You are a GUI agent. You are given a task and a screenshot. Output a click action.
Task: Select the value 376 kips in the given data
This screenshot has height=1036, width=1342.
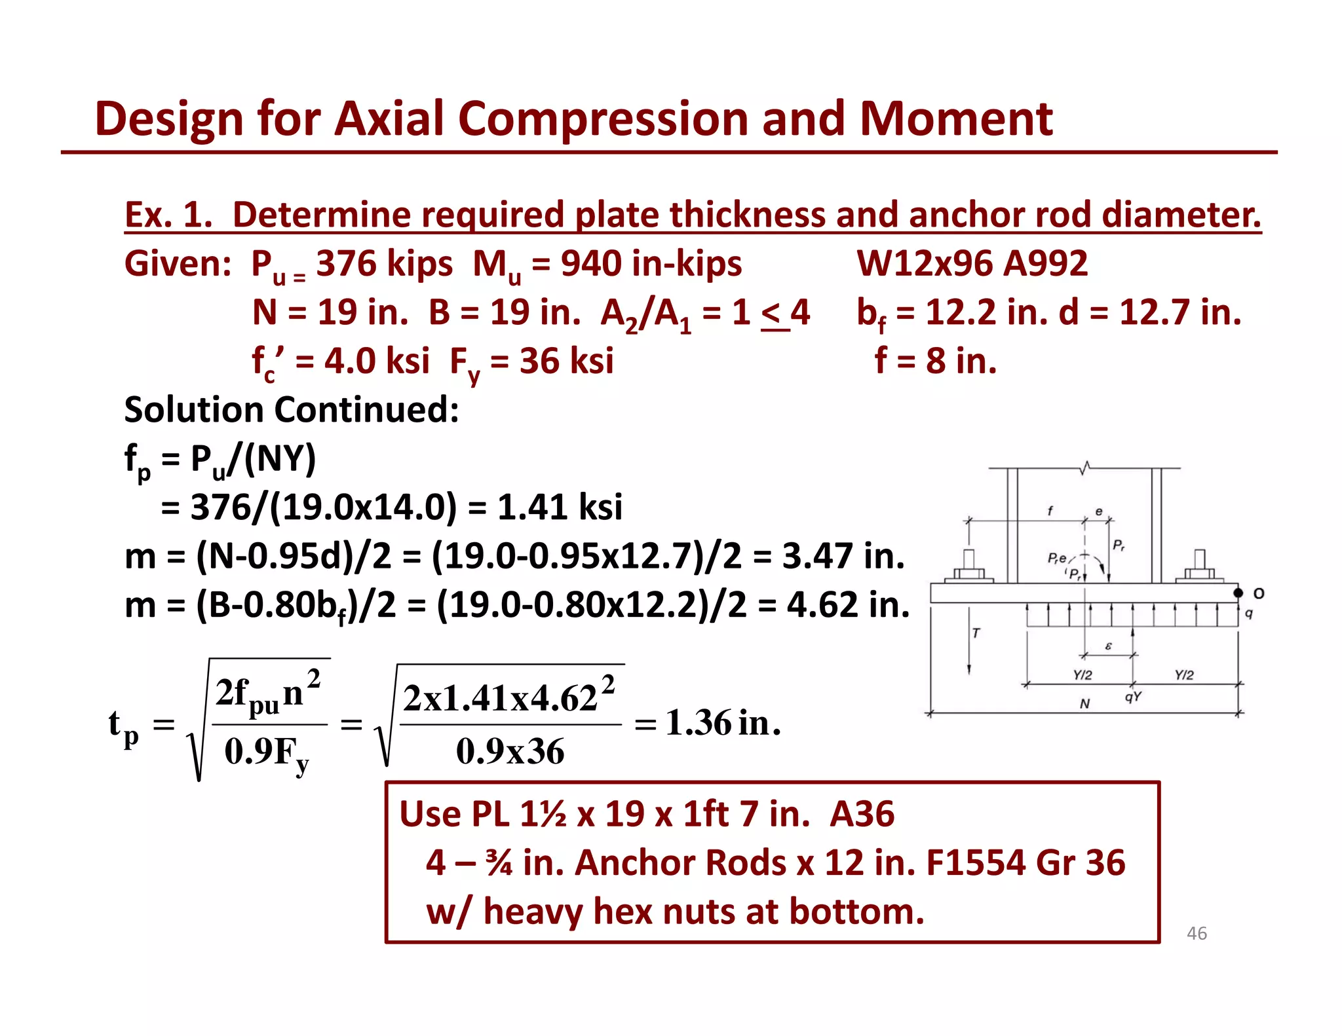pyautogui.click(x=384, y=263)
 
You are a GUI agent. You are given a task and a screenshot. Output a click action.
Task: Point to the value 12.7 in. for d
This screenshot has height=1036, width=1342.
pyautogui.click(x=1179, y=312)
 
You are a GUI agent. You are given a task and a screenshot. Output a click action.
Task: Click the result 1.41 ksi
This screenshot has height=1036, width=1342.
pyautogui.click(x=560, y=507)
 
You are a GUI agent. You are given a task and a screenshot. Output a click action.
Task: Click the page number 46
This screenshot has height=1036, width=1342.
pyautogui.click(x=1197, y=933)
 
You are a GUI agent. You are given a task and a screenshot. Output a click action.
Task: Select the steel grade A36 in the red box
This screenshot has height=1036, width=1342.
pyautogui.click(x=862, y=814)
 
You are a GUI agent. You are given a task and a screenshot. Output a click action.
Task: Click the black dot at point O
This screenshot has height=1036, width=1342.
pyautogui.click(x=1238, y=593)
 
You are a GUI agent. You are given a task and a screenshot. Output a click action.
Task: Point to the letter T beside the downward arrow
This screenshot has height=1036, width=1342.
pyautogui.click(x=976, y=633)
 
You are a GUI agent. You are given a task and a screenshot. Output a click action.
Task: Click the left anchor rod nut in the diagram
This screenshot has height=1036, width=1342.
pyautogui.click(x=968, y=573)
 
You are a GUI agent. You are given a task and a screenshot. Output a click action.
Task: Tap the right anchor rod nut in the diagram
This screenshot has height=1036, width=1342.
pyautogui.click(x=1200, y=573)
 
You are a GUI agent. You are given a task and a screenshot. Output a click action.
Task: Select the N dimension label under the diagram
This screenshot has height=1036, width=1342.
pyautogui.click(x=1084, y=704)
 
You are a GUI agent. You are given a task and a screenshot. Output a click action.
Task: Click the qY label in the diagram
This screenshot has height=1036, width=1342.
pyautogui.click(x=1132, y=697)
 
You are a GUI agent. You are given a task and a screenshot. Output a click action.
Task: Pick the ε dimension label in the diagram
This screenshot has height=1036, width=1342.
pyautogui.click(x=1108, y=646)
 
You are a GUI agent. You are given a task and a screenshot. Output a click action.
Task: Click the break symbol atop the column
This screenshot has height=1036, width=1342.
pyautogui.click(x=1085, y=468)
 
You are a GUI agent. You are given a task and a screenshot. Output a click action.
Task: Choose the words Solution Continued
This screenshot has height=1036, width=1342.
pyautogui.click(x=292, y=410)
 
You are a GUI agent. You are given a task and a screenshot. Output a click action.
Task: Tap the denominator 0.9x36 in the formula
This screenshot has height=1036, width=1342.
pyautogui.click(x=510, y=751)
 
